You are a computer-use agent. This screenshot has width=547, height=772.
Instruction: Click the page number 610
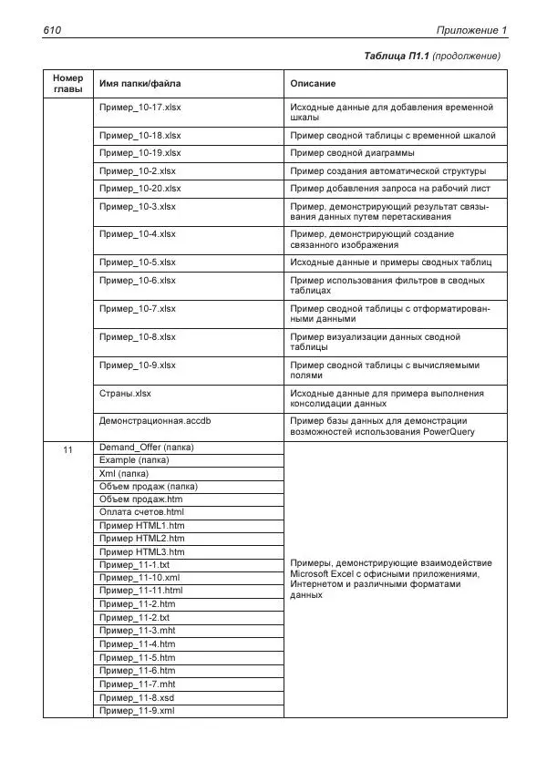coord(51,31)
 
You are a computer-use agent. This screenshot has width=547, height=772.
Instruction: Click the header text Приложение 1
coord(471,31)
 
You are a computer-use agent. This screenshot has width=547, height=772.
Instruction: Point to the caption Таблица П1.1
coord(396,57)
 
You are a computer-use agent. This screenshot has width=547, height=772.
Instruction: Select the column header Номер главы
coord(67,84)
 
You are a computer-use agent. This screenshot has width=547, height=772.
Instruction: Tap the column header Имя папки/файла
coord(139,84)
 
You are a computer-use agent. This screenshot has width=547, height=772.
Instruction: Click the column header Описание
coord(313,84)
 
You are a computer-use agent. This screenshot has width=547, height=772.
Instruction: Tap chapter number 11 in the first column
coord(67,448)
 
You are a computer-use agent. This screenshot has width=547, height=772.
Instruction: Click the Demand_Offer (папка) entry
coord(146,448)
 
